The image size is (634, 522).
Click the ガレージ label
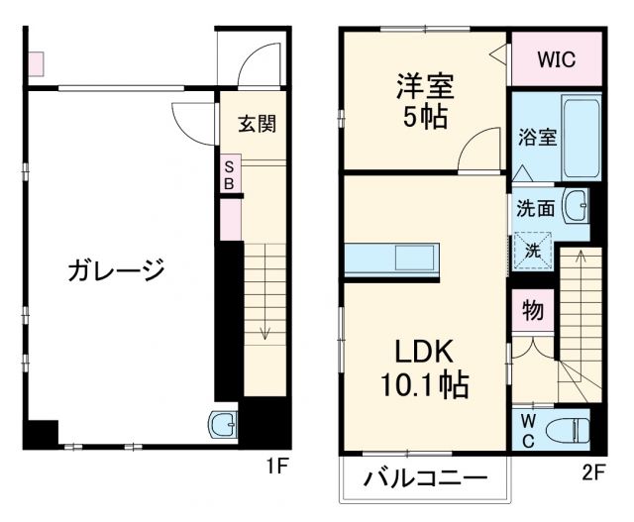pyautogui.click(x=116, y=270)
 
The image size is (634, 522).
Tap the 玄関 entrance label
pyautogui.click(x=257, y=124)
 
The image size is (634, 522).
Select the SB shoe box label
pyautogui.click(x=229, y=175)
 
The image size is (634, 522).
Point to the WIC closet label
pyautogui.click(x=557, y=58)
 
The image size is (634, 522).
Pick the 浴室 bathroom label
pyautogui.click(x=536, y=139)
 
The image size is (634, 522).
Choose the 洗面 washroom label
pyautogui.click(x=535, y=209)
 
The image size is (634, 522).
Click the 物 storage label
pyautogui.click(x=532, y=311)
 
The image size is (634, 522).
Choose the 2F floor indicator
pyautogui.click(x=592, y=471)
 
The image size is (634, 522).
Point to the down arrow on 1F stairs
pyautogui.click(x=265, y=331)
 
